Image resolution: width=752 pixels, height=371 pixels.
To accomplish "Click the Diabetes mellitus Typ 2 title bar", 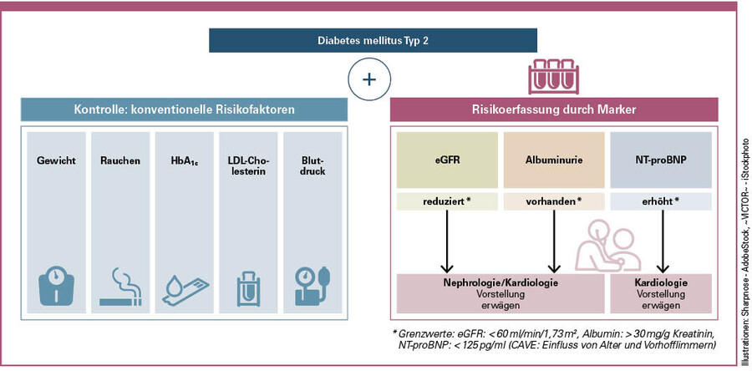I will [373, 40].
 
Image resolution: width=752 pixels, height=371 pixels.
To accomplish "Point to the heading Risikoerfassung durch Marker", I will [553, 109].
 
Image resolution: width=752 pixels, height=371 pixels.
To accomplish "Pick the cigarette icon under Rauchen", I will [119, 288].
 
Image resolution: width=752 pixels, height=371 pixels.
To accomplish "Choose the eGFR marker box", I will [446, 159].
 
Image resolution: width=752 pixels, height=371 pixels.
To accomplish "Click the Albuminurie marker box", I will [553, 159].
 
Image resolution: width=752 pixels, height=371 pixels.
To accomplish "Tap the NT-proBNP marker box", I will [660, 159].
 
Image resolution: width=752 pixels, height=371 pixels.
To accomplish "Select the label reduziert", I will [446, 201].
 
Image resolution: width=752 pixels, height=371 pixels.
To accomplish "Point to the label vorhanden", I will [553, 201].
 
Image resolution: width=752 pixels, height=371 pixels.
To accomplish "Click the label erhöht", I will [660, 201].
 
